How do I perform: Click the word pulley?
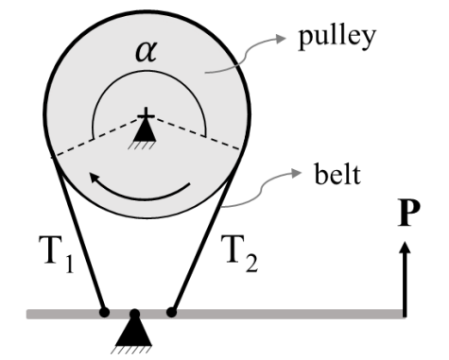click(x=337, y=38)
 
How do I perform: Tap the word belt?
click(x=337, y=174)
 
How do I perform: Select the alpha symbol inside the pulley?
click(x=146, y=52)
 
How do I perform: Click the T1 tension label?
click(x=57, y=254)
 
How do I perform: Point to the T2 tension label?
click(x=239, y=253)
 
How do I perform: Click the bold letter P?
click(x=408, y=212)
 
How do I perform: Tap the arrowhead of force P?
click(x=406, y=247)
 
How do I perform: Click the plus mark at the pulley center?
click(x=146, y=116)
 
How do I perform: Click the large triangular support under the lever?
click(x=133, y=332)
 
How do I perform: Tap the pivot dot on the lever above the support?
click(x=134, y=314)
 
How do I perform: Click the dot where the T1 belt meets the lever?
click(x=104, y=313)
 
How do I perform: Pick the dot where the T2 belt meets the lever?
click(x=171, y=313)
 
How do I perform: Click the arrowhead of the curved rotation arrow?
click(x=94, y=177)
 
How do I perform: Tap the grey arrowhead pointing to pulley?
click(x=281, y=39)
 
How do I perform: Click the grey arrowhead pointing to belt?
click(x=297, y=173)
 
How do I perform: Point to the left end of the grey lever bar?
click(x=27, y=315)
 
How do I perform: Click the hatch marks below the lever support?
click(x=131, y=350)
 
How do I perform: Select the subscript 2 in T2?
click(x=251, y=264)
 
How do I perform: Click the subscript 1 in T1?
click(x=70, y=265)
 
